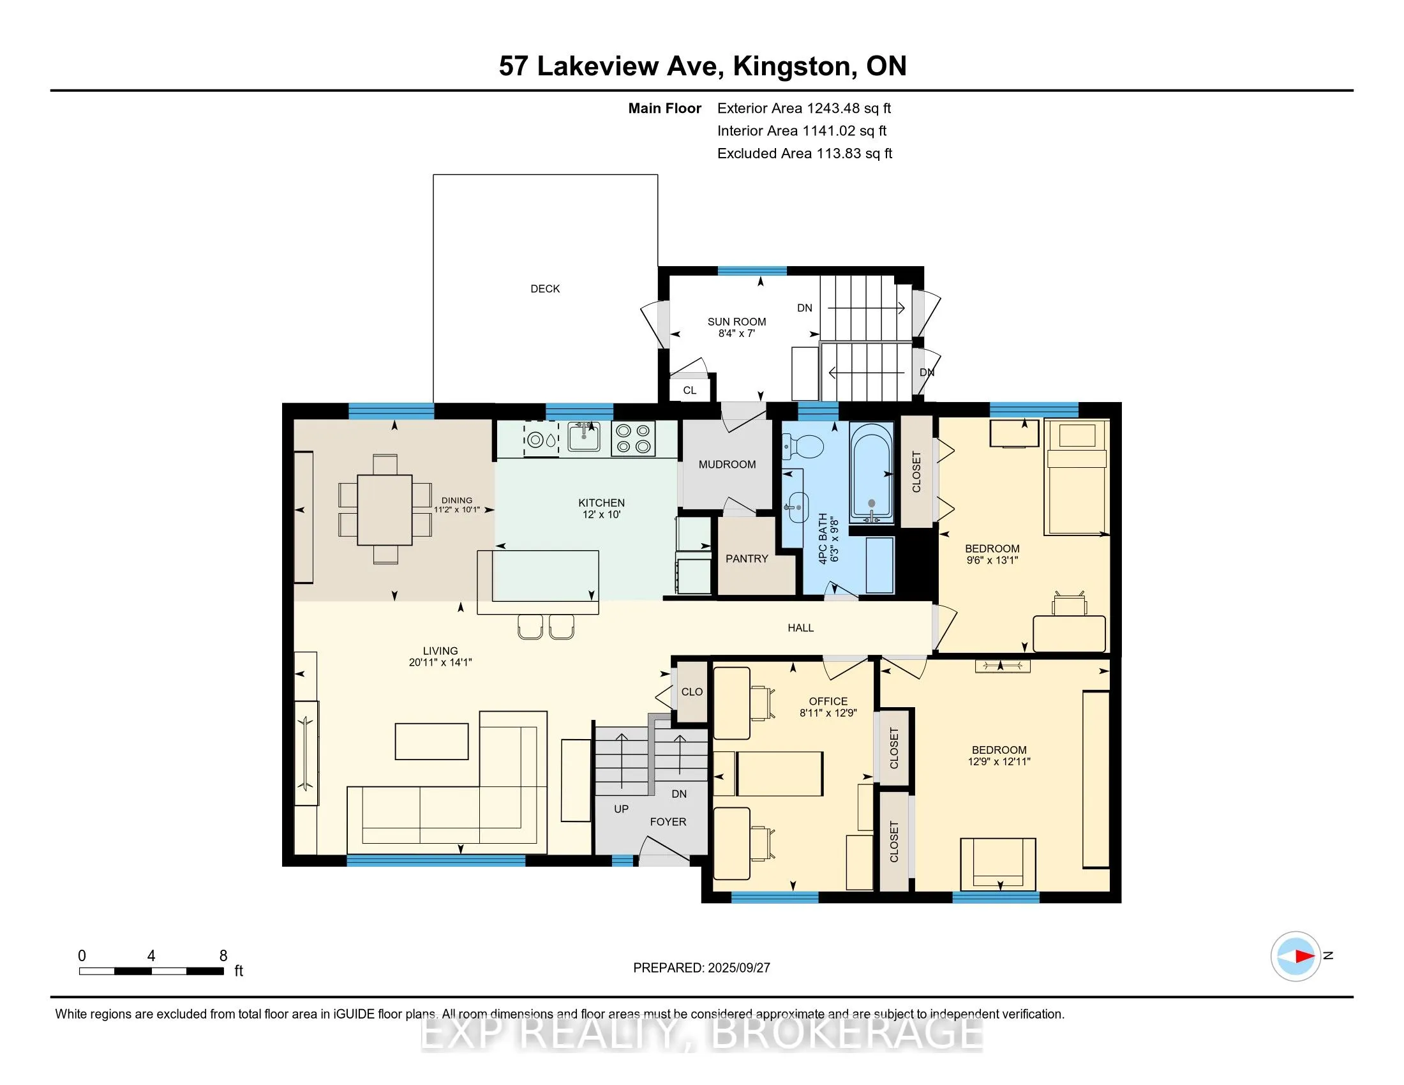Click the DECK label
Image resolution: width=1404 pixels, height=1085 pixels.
click(545, 289)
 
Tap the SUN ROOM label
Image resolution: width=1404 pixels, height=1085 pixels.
click(736, 322)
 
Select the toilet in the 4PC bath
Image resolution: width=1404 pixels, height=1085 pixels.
click(803, 445)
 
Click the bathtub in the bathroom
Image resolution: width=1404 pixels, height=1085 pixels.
click(872, 473)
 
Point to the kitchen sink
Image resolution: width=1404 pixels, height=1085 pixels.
click(585, 438)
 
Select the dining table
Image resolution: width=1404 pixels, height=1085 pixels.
click(385, 509)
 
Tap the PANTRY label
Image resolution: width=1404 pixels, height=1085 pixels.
click(747, 558)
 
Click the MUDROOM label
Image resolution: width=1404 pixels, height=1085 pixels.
click(727, 465)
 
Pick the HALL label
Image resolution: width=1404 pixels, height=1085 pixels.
click(801, 628)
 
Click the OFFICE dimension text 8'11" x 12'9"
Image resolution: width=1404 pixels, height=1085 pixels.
click(828, 713)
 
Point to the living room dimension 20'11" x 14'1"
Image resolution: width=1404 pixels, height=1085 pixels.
click(440, 662)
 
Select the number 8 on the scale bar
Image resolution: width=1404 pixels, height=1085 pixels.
click(224, 956)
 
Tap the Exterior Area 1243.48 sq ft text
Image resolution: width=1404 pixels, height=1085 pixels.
click(804, 108)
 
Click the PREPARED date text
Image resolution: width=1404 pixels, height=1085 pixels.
click(701, 968)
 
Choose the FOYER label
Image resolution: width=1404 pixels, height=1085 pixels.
click(668, 821)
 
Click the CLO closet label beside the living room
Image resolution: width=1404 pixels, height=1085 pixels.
click(692, 692)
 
